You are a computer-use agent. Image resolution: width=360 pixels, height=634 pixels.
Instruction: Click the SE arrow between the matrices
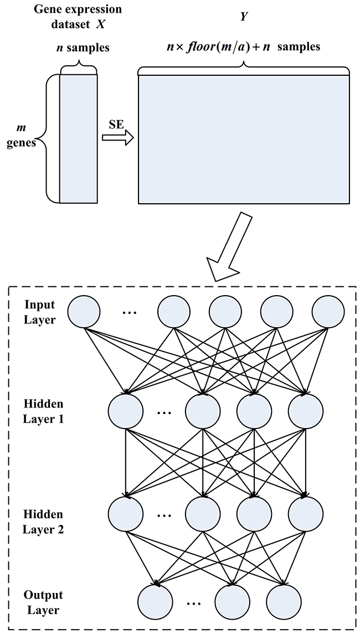118,137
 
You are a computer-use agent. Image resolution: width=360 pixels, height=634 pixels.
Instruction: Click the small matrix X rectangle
78,139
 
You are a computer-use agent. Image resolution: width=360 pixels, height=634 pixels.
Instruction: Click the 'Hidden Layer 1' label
43,411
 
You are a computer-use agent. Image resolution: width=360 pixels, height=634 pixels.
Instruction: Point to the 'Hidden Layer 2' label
43,521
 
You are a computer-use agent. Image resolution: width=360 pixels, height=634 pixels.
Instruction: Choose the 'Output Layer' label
43,602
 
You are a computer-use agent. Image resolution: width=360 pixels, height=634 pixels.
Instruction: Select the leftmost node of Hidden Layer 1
125,410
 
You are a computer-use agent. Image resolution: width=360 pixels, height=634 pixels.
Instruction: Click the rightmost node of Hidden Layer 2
305,514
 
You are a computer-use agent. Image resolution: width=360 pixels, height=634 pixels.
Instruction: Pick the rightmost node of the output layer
284,602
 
